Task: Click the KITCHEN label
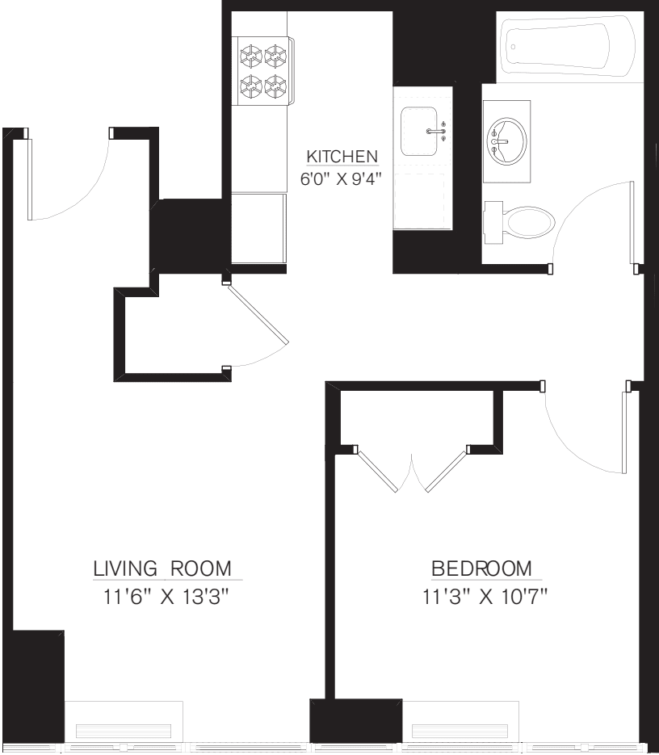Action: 340,156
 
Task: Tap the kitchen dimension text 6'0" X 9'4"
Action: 340,179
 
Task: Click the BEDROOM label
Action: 482,568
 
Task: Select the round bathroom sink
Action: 506,141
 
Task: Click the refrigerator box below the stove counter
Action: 258,228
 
